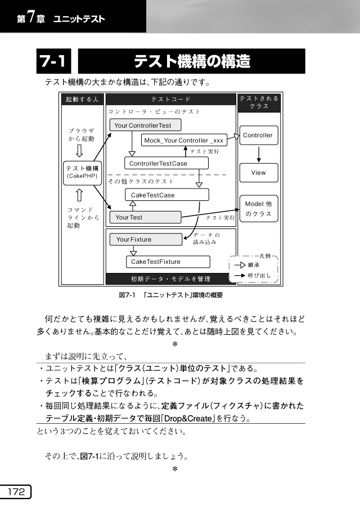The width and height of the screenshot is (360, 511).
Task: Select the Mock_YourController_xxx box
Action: click(x=184, y=140)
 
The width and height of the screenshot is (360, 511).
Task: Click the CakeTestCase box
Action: click(x=166, y=195)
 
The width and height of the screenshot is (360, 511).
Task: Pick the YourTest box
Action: click(x=145, y=217)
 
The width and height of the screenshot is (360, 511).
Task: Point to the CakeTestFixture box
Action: click(x=168, y=262)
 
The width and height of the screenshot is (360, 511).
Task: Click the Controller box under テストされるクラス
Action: click(x=258, y=135)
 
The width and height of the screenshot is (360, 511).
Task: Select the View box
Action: click(x=258, y=172)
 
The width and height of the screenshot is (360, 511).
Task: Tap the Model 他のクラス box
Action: click(x=258, y=209)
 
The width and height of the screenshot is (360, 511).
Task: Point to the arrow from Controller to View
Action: click(x=258, y=154)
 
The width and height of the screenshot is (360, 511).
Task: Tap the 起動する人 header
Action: click(x=82, y=100)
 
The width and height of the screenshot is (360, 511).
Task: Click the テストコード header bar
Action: click(x=170, y=100)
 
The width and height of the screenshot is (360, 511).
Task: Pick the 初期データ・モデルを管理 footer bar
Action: click(x=170, y=279)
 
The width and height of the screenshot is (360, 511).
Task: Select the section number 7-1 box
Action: click(x=55, y=61)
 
